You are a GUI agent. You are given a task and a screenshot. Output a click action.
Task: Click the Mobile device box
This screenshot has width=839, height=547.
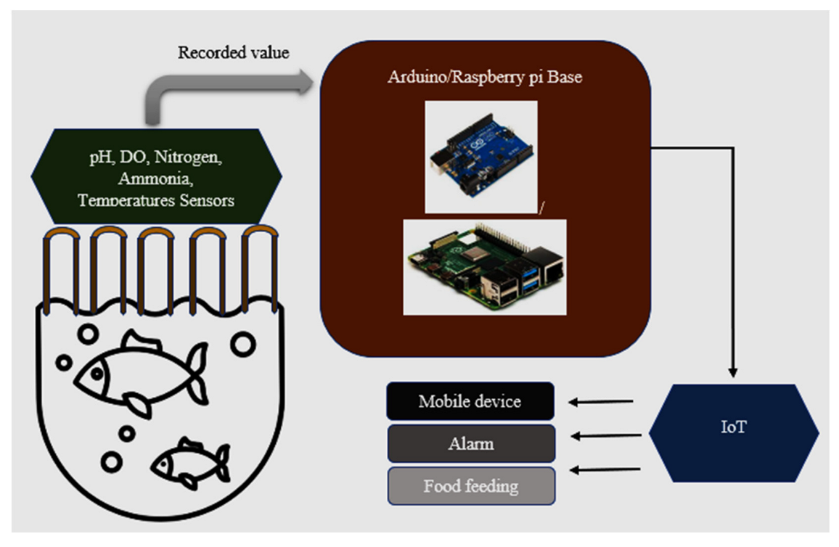pos(470,401)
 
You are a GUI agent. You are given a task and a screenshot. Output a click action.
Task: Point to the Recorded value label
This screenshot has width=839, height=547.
pos(234,53)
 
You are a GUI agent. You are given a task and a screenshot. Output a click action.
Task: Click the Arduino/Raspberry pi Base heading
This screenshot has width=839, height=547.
pos(485,78)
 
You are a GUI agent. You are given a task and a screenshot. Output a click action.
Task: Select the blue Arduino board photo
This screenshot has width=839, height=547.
pos(480,156)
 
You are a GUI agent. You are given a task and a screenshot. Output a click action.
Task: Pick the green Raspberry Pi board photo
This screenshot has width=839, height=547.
pos(484,266)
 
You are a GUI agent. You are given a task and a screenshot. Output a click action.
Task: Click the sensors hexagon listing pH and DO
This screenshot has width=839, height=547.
pos(156,176)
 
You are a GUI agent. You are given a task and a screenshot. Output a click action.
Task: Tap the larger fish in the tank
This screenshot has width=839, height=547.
pos(138,372)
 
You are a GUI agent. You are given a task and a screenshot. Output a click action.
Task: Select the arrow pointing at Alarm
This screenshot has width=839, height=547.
pos(605,436)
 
